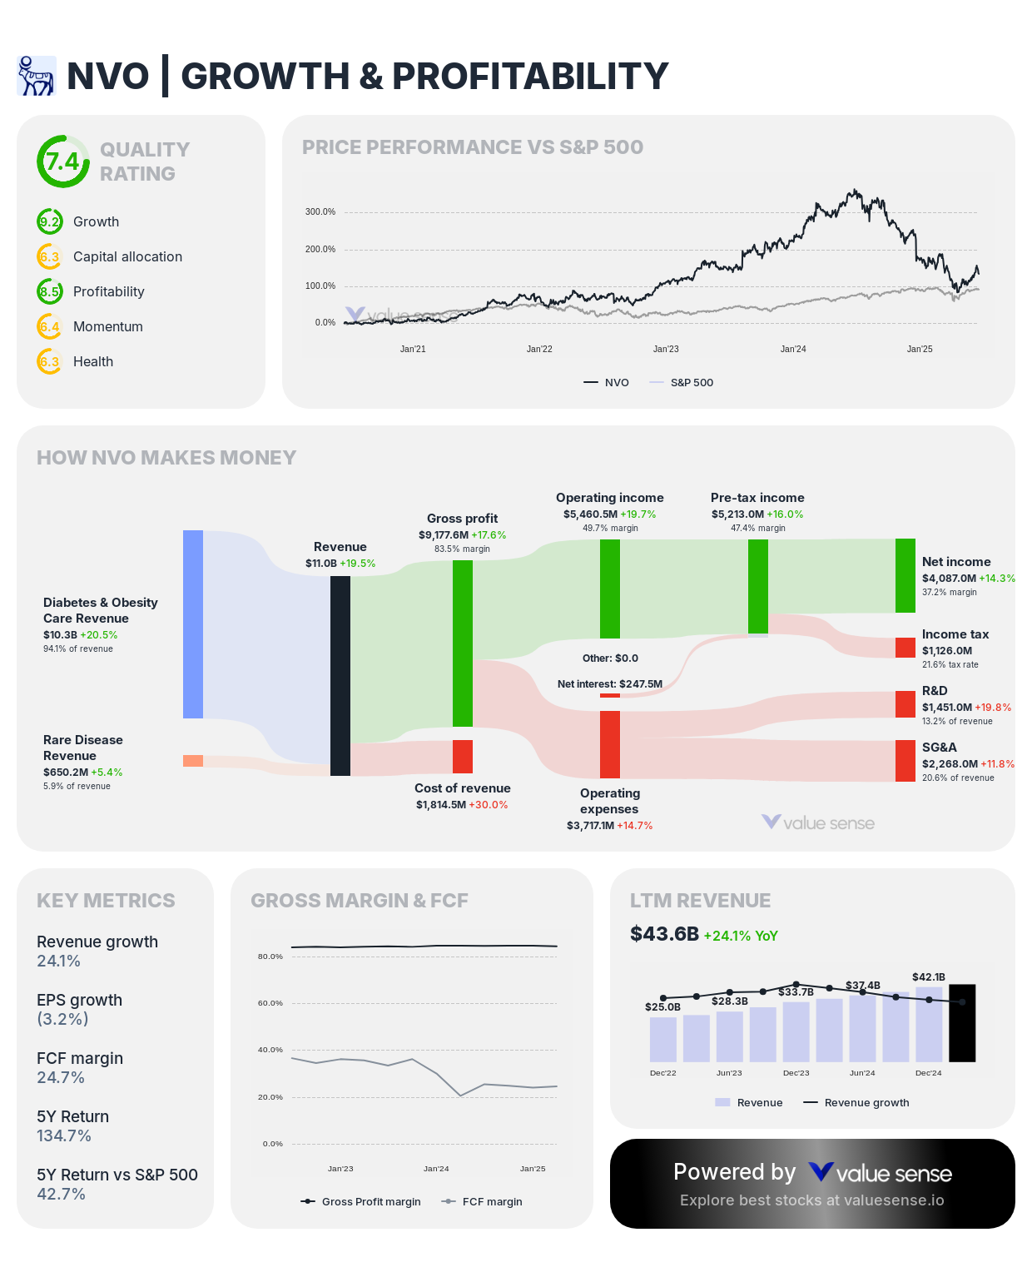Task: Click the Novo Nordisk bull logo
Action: pyautogui.click(x=36, y=76)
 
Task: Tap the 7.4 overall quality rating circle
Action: pyautogui.click(x=62, y=161)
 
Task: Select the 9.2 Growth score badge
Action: pyautogui.click(x=50, y=222)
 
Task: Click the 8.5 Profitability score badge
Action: pyautogui.click(x=50, y=292)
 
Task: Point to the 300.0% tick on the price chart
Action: pyautogui.click(x=320, y=212)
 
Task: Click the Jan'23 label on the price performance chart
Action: pyautogui.click(x=666, y=350)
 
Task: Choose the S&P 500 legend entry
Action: pyautogui.click(x=691, y=383)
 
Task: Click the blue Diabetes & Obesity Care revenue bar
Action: pyautogui.click(x=193, y=624)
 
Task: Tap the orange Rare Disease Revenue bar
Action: pyautogui.click(x=193, y=761)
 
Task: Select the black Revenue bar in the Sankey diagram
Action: pyautogui.click(x=340, y=676)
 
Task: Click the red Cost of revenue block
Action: pyautogui.click(x=463, y=757)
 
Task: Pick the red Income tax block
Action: pyautogui.click(x=905, y=648)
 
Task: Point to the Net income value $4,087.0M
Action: pyautogui.click(x=949, y=579)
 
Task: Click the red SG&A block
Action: pyautogui.click(x=905, y=761)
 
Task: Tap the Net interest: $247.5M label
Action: pyautogui.click(x=610, y=684)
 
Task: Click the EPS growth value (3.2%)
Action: pyautogui.click(x=62, y=1019)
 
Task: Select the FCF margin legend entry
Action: pyautogui.click(x=492, y=1202)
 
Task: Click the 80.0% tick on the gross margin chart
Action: pyautogui.click(x=270, y=957)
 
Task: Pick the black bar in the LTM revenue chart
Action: pyautogui.click(x=962, y=1023)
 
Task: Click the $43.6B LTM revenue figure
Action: pyautogui.click(x=664, y=934)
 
